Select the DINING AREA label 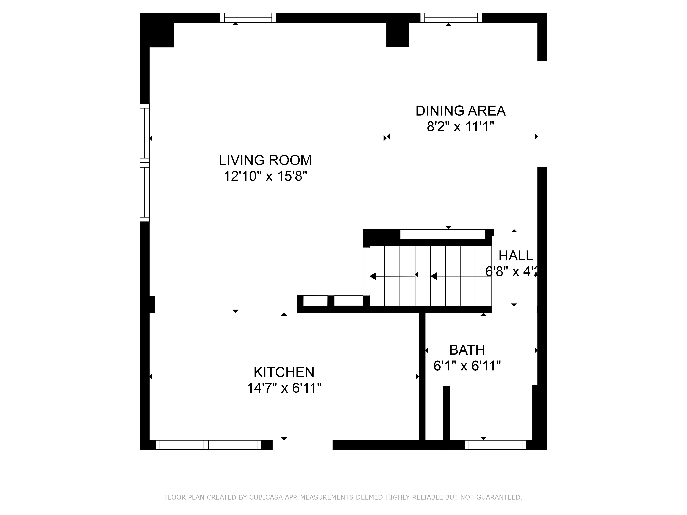click(x=460, y=111)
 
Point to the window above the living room click(x=248, y=18)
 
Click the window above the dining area click(x=451, y=18)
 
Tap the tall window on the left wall click(x=144, y=163)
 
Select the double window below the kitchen click(x=208, y=445)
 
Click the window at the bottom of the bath click(x=495, y=445)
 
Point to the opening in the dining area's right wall click(x=542, y=114)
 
